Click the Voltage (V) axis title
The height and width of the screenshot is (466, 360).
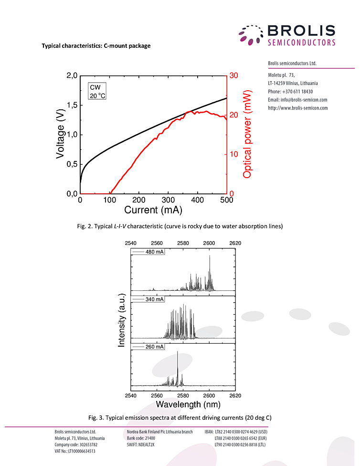pos(61,134)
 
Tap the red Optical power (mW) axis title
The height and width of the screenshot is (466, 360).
pos(247,134)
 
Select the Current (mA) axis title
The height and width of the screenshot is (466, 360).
pos(153,210)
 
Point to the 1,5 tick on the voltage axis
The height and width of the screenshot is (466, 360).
pos(71,105)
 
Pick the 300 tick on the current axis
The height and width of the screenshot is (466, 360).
pos(168,200)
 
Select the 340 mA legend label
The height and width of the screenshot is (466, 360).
pos(155,299)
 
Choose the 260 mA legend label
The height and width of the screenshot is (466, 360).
pos(155,347)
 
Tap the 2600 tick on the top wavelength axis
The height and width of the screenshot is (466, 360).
pos(209,243)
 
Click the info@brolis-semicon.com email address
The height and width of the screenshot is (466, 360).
pos(297,100)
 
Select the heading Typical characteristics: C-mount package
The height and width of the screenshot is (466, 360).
pos(96,46)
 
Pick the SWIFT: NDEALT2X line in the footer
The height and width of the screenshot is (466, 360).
pos(141,444)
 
